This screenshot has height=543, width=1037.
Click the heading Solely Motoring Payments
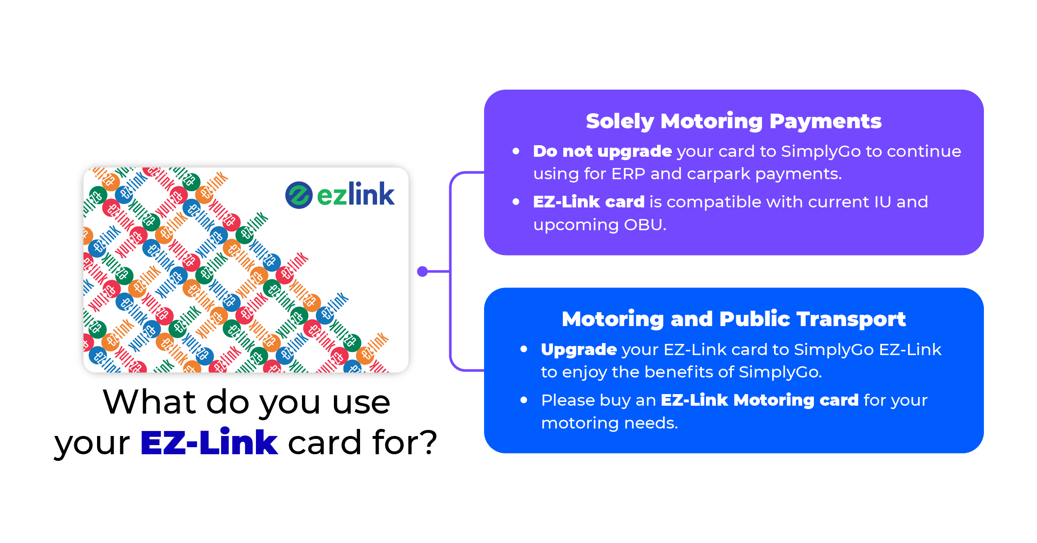click(733, 122)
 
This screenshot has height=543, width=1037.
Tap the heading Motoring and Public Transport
click(733, 319)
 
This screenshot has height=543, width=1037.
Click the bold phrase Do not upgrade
click(602, 152)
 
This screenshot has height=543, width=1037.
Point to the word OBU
click(645, 225)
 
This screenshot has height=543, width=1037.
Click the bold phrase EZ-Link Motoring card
click(759, 400)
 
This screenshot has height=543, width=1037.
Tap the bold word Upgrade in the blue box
click(579, 350)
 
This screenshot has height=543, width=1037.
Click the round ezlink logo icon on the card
click(299, 195)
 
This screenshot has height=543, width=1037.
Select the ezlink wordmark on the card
click(355, 194)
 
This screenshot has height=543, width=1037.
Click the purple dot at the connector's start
click(422, 271)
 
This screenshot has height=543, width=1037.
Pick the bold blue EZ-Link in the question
click(209, 443)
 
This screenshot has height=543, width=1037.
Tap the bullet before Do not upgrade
click(516, 151)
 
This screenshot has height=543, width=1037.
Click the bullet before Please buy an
click(524, 400)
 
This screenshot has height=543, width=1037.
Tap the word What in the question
click(149, 402)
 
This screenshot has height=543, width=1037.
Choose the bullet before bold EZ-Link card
click(516, 202)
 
